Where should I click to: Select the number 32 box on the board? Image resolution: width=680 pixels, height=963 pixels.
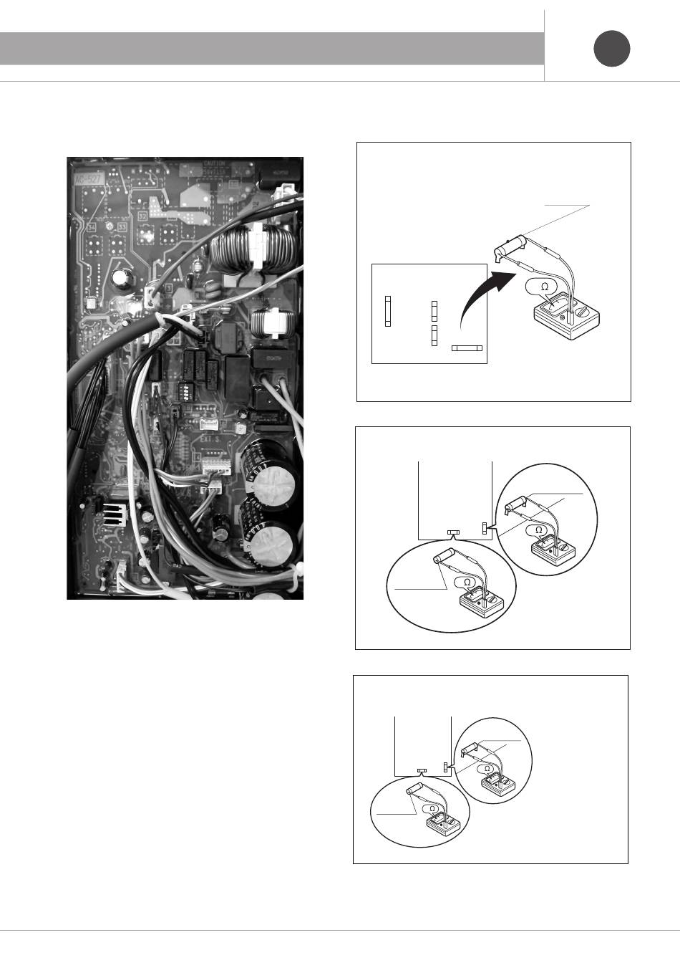(x=142, y=215)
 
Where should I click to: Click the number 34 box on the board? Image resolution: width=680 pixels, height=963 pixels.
(x=91, y=227)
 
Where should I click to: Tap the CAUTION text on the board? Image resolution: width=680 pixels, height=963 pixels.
(x=213, y=164)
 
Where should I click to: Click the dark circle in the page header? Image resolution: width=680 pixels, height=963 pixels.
(x=612, y=49)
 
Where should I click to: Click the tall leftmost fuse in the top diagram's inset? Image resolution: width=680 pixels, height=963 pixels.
(x=388, y=311)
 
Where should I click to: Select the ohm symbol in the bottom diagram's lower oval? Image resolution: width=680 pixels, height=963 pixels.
(x=432, y=808)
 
